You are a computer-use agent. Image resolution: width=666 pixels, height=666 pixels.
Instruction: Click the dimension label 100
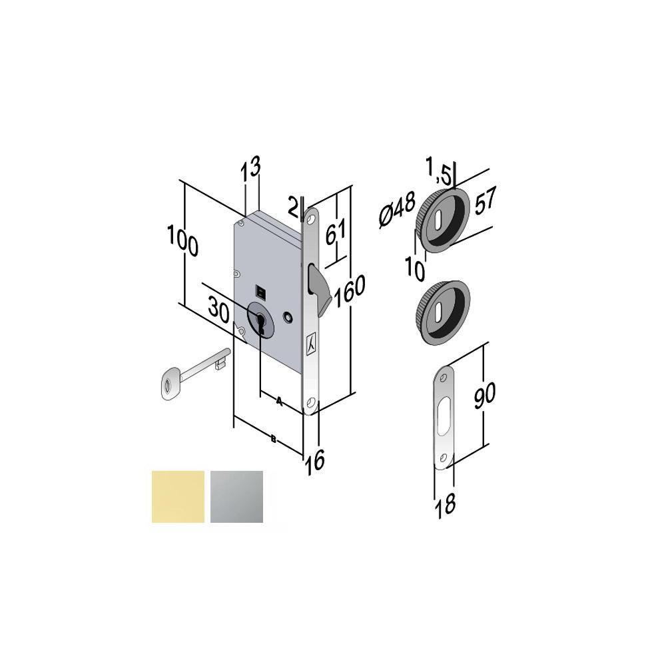pyautogui.click(x=182, y=241)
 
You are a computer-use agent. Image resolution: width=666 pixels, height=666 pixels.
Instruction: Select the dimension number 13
pyautogui.click(x=250, y=166)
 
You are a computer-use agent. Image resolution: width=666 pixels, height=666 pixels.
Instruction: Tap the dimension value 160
pyautogui.click(x=350, y=291)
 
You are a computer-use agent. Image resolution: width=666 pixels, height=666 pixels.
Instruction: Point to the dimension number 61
pyautogui.click(x=336, y=232)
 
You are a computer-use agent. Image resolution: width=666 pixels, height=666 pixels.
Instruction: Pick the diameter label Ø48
pyautogui.click(x=397, y=210)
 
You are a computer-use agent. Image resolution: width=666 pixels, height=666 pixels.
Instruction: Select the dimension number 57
pyautogui.click(x=485, y=200)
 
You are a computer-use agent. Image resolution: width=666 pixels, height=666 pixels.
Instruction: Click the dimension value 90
pyautogui.click(x=484, y=396)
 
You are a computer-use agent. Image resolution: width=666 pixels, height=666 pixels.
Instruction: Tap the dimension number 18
pyautogui.click(x=446, y=505)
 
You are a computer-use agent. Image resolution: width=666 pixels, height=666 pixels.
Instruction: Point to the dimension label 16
pyautogui.click(x=315, y=460)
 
